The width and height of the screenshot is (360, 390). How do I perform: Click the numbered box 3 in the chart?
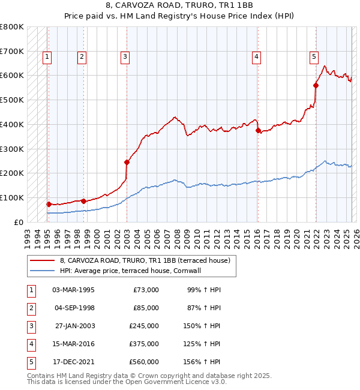pos(125,57)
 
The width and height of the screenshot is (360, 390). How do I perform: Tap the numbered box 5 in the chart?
pos(314,57)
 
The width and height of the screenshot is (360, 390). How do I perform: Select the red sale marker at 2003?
pos(127,162)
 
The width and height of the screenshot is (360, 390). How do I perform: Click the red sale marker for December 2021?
pos(316,85)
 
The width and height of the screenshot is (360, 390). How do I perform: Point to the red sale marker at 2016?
pos(258,130)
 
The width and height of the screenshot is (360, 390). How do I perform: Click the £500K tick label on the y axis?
pos(12,100)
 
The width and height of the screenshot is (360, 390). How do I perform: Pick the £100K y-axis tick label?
pos(12,197)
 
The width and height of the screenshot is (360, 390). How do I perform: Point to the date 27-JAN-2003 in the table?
pos(74,326)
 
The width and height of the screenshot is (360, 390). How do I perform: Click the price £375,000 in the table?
pos(144,344)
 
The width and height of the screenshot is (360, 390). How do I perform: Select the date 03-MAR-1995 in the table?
pos(74,290)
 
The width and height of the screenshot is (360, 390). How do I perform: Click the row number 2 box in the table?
pos(30,308)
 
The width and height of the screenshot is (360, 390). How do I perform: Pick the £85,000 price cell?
pos(146,308)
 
